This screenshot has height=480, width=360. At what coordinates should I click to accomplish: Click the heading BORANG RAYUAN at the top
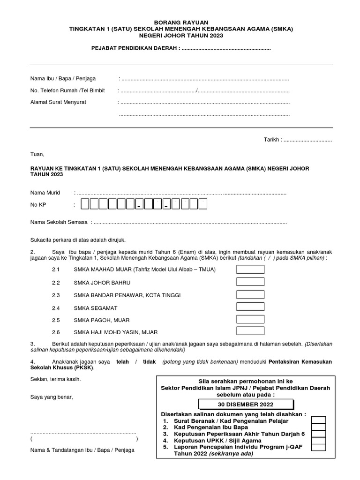180,22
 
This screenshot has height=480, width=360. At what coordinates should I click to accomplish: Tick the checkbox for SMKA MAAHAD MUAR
250,270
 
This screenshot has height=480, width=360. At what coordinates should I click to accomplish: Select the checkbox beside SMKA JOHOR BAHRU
250,282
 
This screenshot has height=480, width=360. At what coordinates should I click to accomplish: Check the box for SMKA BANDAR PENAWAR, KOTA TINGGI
250,295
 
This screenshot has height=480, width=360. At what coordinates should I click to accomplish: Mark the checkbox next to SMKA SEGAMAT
250,307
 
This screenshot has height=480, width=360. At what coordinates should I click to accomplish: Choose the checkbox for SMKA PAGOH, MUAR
250,319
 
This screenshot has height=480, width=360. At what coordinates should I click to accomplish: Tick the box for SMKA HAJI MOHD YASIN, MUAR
250,331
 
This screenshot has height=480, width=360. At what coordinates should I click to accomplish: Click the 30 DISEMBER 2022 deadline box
246,405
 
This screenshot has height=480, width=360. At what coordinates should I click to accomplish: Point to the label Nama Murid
45,193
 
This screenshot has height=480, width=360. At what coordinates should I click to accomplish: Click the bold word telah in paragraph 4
123,362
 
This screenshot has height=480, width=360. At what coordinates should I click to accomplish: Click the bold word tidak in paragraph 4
149,362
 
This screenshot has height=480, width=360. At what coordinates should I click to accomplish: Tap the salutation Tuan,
37,154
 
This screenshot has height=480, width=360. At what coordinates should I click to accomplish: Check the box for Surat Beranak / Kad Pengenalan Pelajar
319,420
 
